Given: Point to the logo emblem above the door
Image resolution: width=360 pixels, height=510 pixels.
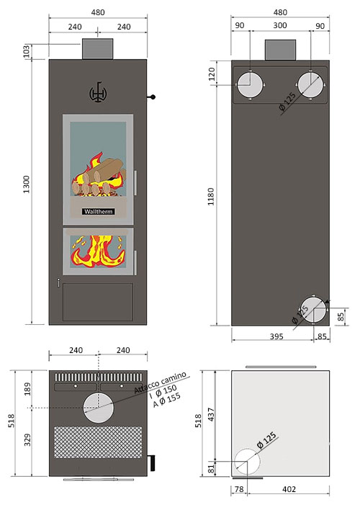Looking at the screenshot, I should coord(97,91).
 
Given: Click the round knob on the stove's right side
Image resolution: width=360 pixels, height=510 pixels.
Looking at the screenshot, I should coord(153,97).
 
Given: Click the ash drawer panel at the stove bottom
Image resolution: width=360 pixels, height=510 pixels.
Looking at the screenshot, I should coord(98,301).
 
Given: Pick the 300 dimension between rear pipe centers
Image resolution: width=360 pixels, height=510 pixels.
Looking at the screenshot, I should coord(279,26).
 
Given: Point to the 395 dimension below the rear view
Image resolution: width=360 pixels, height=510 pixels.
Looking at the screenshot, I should coord(271,336).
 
